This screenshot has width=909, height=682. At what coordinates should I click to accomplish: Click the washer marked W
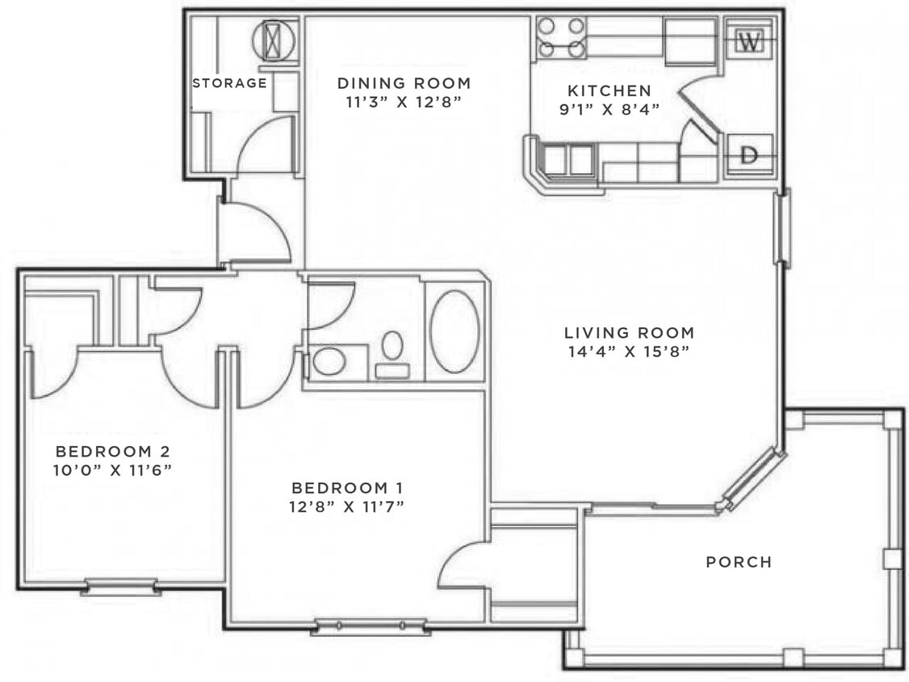point(749,41)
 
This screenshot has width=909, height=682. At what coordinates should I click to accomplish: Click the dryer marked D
point(750,155)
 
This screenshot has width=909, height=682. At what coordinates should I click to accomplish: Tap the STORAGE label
point(229,83)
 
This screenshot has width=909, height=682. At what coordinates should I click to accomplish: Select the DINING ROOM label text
point(404,83)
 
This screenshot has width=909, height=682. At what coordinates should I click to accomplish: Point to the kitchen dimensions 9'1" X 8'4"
point(609,109)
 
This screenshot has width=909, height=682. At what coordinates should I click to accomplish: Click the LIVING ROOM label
point(629,333)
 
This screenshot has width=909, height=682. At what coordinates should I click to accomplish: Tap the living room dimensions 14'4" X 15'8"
point(628,352)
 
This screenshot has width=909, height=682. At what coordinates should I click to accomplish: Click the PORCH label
point(739,562)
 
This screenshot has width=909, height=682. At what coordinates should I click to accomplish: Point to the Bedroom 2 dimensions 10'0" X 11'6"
point(112,469)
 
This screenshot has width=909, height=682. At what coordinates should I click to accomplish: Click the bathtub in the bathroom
point(455,331)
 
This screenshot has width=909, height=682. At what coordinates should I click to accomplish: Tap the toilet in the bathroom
point(392,355)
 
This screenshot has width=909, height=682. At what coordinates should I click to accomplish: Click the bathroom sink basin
point(329,361)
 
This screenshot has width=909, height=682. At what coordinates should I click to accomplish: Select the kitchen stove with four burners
point(560,38)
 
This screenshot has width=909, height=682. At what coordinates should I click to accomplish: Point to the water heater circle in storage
point(274,40)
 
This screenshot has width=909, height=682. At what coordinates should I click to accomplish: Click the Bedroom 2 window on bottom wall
point(120,587)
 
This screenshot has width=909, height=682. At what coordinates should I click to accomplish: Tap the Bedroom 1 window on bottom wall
point(371,626)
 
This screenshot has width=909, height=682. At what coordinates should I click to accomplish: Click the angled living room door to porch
point(752,478)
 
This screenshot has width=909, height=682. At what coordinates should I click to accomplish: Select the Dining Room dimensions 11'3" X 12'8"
point(404,102)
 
